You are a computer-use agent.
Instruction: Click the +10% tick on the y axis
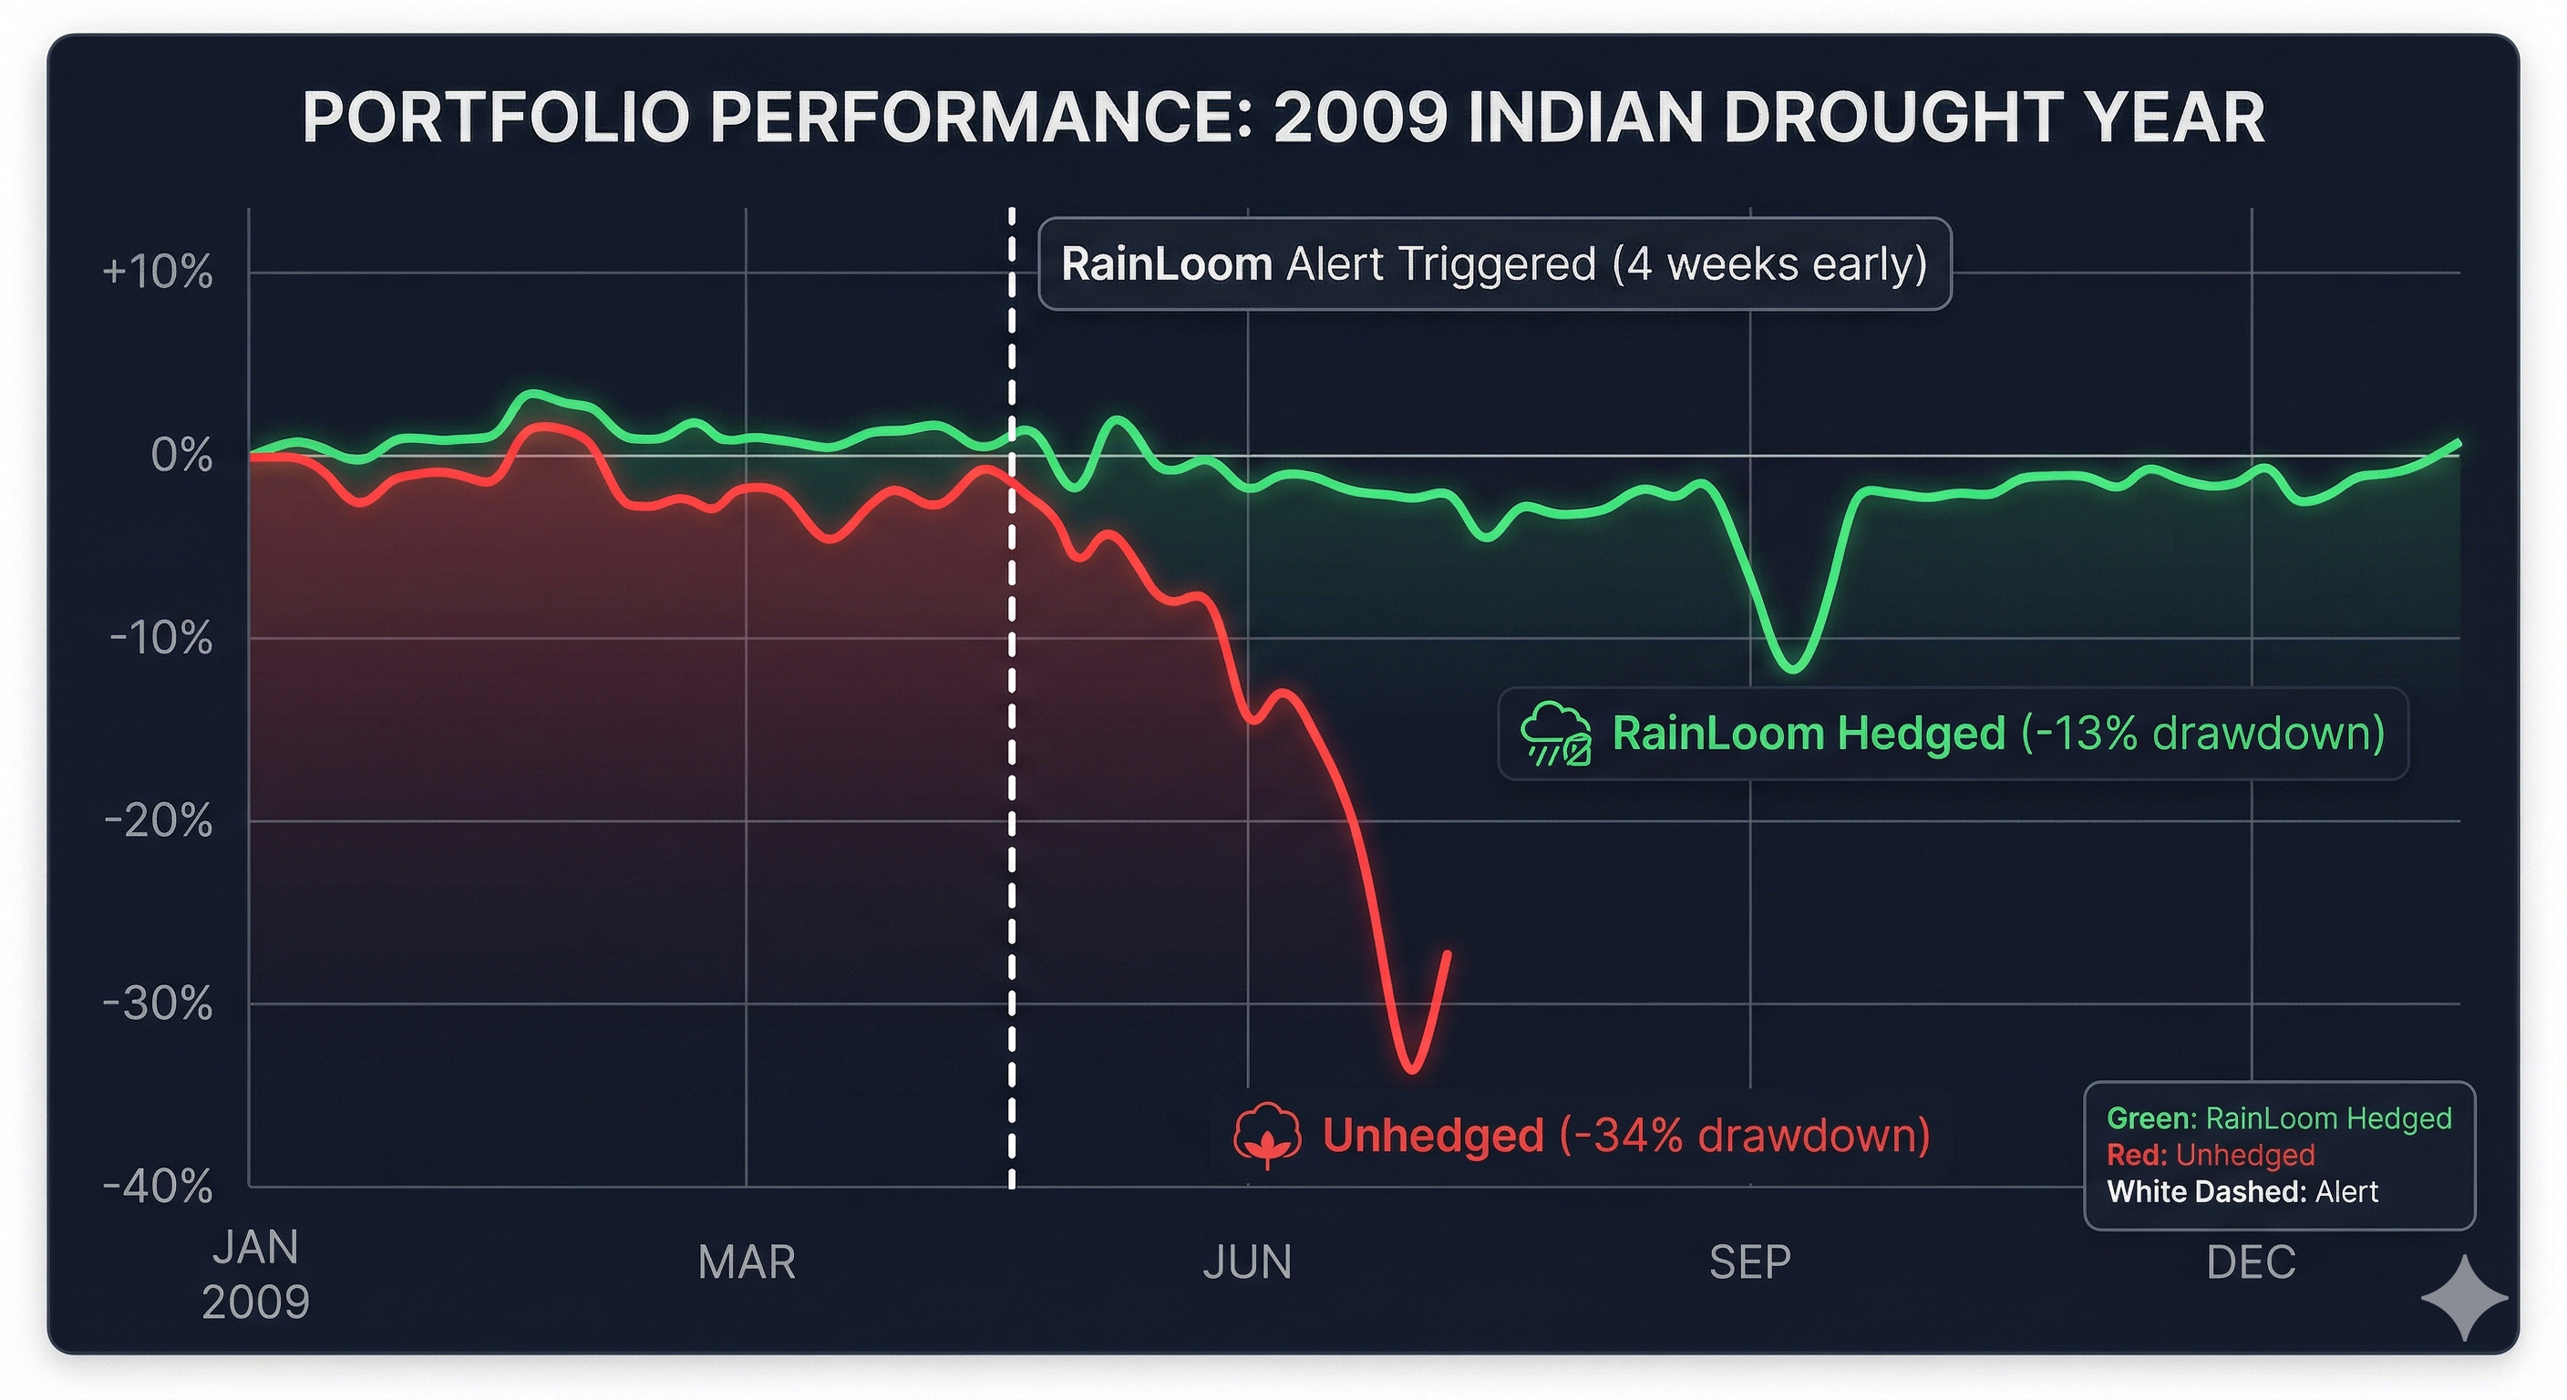pyautogui.click(x=158, y=272)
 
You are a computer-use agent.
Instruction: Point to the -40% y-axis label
pyautogui.click(x=158, y=1186)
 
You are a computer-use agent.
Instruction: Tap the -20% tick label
pyautogui.click(x=158, y=821)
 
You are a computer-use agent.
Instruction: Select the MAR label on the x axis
pyautogui.click(x=747, y=1262)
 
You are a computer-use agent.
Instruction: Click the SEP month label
pyautogui.click(x=1750, y=1262)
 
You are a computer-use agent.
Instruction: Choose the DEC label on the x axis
pyautogui.click(x=2250, y=1262)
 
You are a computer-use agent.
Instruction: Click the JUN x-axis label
pyautogui.click(x=1247, y=1262)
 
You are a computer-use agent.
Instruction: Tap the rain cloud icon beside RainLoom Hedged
pyautogui.click(x=1555, y=734)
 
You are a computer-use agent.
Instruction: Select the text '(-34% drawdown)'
pyautogui.click(x=1745, y=1135)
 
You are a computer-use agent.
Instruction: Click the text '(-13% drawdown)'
pyautogui.click(x=2202, y=734)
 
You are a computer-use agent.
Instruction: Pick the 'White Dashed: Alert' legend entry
pyautogui.click(x=2242, y=1192)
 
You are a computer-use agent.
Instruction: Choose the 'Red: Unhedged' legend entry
pyautogui.click(x=2211, y=1155)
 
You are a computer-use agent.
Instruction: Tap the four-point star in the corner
pyautogui.click(x=2463, y=1297)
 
